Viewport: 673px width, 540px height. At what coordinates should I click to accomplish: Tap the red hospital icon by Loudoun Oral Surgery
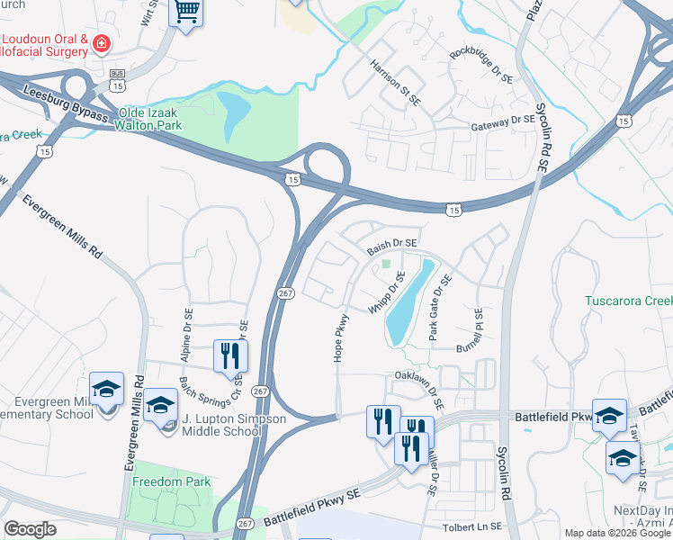point(103,42)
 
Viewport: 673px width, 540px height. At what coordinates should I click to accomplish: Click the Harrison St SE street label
point(395,82)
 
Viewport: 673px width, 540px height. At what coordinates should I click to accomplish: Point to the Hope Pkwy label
point(341,337)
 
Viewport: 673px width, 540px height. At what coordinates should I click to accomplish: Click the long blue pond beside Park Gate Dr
point(409,302)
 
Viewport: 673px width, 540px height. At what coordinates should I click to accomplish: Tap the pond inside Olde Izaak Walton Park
point(234,113)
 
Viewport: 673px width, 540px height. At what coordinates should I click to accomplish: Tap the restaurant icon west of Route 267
point(230,355)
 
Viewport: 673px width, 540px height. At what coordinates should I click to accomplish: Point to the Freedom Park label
point(171,481)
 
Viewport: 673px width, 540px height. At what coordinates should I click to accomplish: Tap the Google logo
point(30,529)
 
